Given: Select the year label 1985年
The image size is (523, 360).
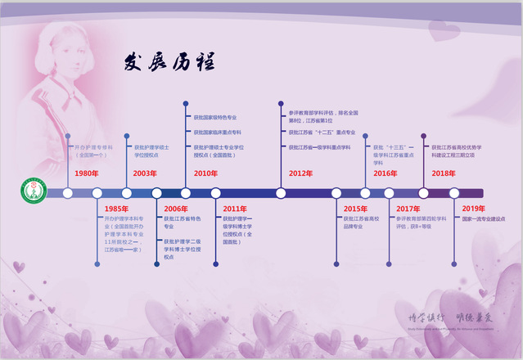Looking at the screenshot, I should pos(115,209).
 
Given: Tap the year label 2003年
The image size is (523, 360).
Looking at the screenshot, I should pos(144,173).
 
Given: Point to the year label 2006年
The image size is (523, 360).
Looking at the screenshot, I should pos(175,209).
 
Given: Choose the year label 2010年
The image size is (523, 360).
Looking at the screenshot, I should pos(205,173).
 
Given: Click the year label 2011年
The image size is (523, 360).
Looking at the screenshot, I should pos(235,209).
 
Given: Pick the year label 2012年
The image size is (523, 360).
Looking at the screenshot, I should pos(300,173).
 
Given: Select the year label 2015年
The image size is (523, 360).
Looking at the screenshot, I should pos(355,209).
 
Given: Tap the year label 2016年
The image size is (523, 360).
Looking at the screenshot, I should pos(385,173).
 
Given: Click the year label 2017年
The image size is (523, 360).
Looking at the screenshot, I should pos(408,209).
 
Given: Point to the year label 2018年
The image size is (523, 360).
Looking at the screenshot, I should pos(444,173).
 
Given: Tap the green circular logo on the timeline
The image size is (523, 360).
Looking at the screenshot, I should pos(30,193).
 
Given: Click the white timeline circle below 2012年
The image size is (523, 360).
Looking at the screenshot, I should pos(281,193).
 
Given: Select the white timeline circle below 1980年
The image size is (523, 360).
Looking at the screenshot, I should pos(68,193).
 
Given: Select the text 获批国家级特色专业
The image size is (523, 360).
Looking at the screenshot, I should pos(215,118).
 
